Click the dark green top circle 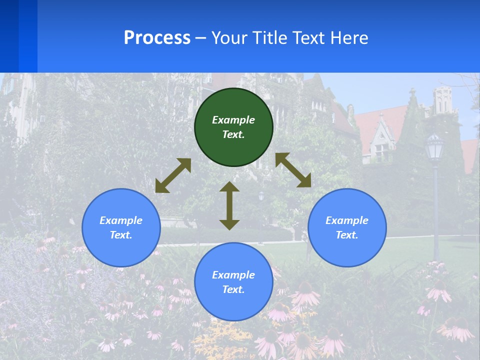coord(233,127)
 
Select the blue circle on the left coord(121,227)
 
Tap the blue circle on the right coord(347,227)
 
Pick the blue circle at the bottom coord(233,282)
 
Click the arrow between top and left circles coord(173,175)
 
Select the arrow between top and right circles coord(293,170)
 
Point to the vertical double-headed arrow coord(229,205)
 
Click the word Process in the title coord(157,37)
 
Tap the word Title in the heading coord(269,37)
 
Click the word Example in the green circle coord(233,120)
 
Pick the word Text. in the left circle coord(121,235)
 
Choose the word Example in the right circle coord(347,220)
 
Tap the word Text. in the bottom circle coord(233,289)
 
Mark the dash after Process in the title coord(200,38)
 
